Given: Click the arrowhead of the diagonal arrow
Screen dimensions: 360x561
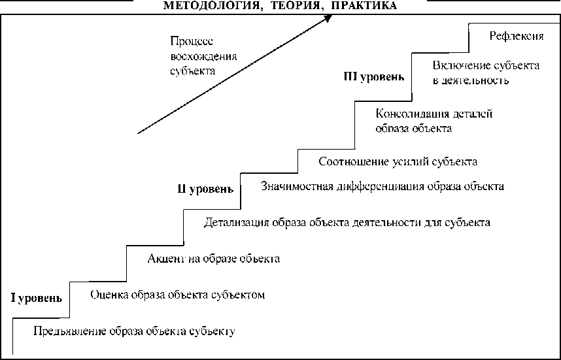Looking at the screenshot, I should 328,20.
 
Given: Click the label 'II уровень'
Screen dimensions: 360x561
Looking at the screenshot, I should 205,189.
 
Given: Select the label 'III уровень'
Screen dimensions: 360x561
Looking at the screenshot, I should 374,76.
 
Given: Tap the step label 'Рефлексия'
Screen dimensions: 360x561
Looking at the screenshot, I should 517,37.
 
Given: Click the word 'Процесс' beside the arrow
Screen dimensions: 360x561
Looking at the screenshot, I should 187,41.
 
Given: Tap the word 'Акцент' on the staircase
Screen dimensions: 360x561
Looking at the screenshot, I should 166,259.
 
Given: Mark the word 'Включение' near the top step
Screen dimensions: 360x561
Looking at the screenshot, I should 458,66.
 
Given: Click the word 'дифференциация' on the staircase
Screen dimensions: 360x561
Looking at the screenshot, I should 378,186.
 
